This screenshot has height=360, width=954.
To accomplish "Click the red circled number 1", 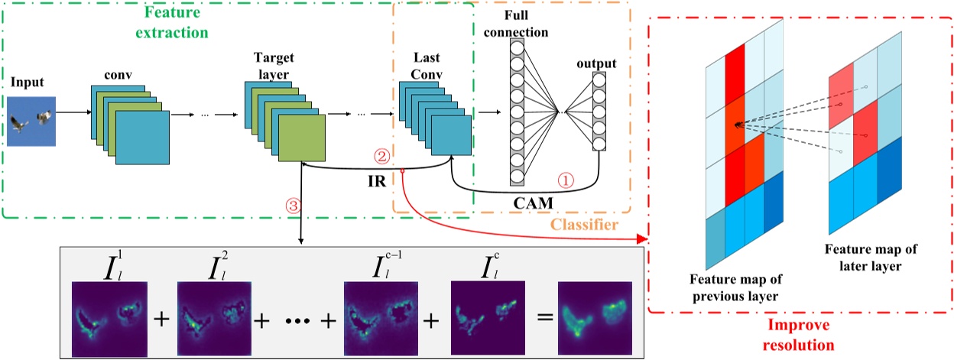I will click(x=566, y=181).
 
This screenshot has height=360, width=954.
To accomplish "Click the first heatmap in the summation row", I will click(x=109, y=319).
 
